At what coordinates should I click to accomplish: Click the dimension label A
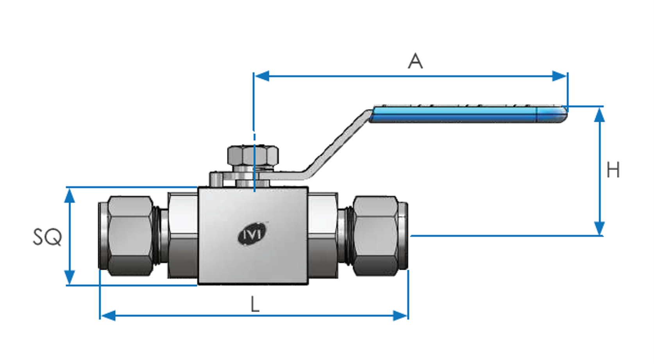click(415, 61)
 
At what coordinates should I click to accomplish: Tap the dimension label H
click(613, 170)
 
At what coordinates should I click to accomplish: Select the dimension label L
click(255, 304)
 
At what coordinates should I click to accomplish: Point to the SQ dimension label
click(47, 237)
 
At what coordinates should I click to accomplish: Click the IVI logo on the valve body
click(252, 234)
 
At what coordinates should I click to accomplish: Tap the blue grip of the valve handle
click(453, 115)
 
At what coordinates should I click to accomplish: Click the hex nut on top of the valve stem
click(253, 155)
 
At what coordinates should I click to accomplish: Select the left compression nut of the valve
click(130, 236)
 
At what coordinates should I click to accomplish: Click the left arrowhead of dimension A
click(261, 76)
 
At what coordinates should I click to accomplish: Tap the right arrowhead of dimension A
click(560, 76)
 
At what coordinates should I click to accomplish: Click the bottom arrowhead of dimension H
click(599, 228)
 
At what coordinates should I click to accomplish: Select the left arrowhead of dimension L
click(108, 316)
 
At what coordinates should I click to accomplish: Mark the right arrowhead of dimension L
click(400, 316)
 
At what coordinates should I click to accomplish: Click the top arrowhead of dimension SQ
click(70, 196)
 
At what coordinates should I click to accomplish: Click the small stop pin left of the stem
click(216, 179)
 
